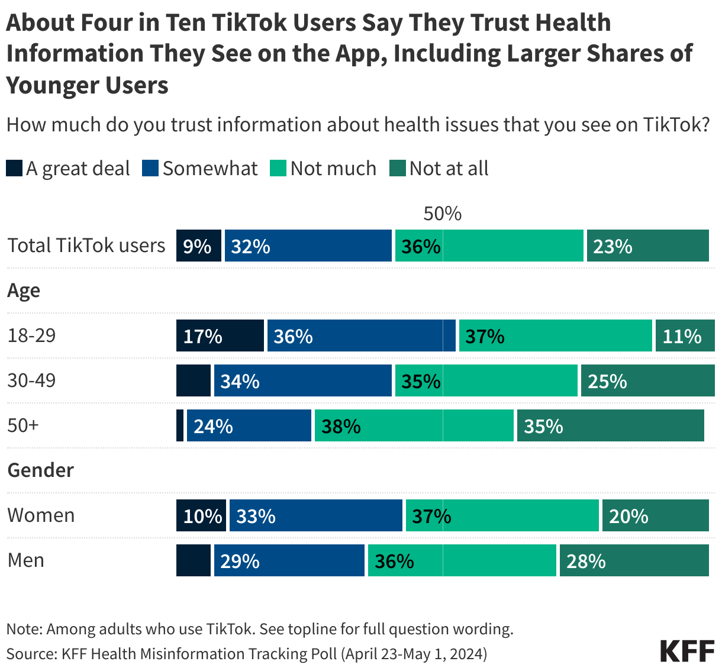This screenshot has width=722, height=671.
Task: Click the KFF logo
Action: point(687,651)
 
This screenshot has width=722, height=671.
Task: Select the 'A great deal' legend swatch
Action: point(14,169)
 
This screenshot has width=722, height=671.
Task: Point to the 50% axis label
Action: point(442,214)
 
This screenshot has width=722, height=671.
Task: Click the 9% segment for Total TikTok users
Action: point(199,246)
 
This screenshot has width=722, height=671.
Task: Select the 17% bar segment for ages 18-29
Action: point(220,335)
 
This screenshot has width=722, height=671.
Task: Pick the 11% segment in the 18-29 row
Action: point(685,335)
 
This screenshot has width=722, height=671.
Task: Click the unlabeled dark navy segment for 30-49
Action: point(194,380)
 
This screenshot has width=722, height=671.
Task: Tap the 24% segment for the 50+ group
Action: point(249,425)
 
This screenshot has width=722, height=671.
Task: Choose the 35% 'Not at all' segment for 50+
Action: point(610,425)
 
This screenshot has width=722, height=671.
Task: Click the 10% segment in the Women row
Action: point(201,515)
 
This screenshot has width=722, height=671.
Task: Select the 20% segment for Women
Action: point(655,515)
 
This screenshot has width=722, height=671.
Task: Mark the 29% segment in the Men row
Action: point(289,560)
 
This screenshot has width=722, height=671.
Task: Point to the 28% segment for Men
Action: point(634,560)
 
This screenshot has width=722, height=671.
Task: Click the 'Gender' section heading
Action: point(40,470)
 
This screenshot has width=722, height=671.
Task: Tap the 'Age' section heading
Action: point(24,291)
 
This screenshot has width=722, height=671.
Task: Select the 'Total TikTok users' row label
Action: point(86,246)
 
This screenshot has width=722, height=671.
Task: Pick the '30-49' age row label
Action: point(31,380)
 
